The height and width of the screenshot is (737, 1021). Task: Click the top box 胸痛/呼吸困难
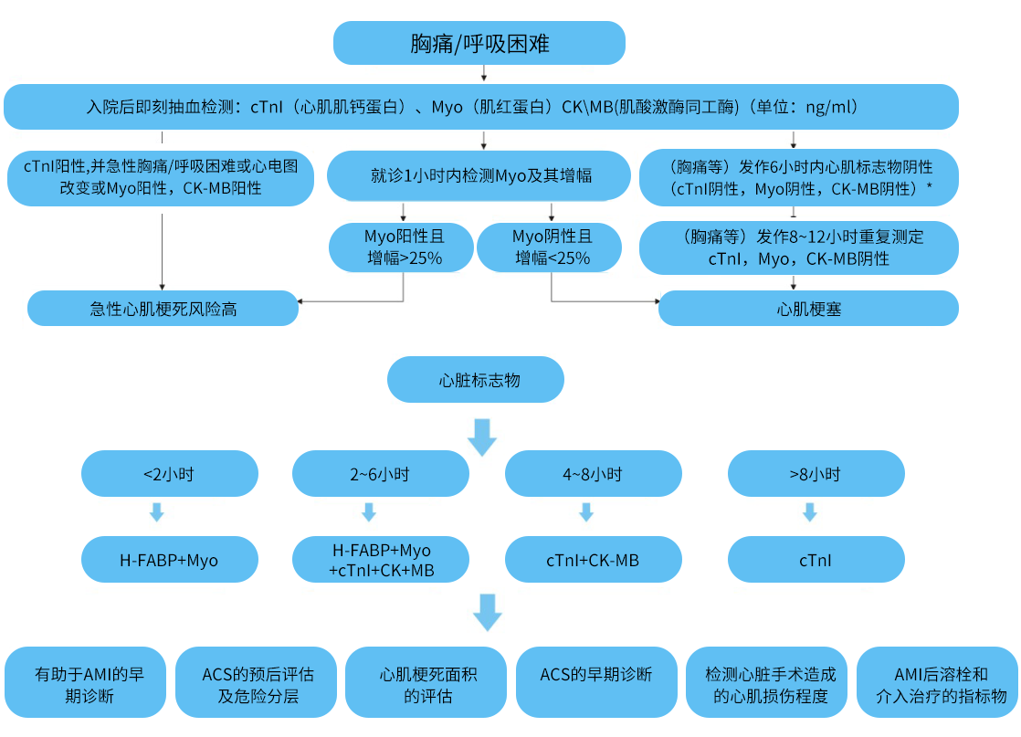[479, 43]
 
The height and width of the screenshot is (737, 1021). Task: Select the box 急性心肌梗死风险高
[163, 308]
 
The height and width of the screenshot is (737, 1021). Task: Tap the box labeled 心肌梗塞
[809, 308]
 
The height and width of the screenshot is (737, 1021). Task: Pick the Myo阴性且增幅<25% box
[550, 247]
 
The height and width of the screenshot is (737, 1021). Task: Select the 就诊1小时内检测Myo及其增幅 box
[479, 175]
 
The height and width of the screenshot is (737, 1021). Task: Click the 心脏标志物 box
[476, 380]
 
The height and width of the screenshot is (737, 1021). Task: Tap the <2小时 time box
[170, 473]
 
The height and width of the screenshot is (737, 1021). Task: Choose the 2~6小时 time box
[381, 473]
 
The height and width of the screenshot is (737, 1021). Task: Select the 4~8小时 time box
[594, 473]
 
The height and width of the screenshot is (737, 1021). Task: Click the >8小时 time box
[816, 473]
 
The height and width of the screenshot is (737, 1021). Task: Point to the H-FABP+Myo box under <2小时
[170, 559]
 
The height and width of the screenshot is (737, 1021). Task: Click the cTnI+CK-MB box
[594, 559]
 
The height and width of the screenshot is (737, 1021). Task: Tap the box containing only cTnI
[816, 559]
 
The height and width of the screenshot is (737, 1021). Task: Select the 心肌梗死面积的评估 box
[426, 682]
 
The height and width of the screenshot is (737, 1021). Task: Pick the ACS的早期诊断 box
[597, 682]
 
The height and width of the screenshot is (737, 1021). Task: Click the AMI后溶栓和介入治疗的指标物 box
[938, 682]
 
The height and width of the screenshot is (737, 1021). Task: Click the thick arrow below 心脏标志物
[482, 437]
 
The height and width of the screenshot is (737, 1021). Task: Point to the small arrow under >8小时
[810, 512]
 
